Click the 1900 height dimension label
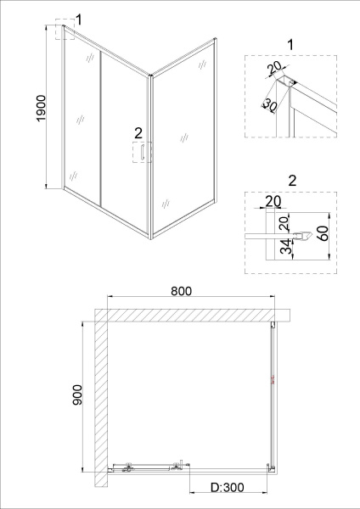click(x=42, y=108)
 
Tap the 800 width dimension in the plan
click(x=182, y=291)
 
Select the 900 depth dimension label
click(x=77, y=394)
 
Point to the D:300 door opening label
click(x=227, y=487)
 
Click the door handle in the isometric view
click(x=143, y=152)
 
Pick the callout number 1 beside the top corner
click(x=78, y=20)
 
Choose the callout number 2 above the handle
click(x=138, y=133)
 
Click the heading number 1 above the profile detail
click(x=290, y=45)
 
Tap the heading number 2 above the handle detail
click(x=292, y=181)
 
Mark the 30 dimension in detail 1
click(x=269, y=104)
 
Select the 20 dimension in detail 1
click(x=274, y=70)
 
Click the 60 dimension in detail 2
click(x=324, y=233)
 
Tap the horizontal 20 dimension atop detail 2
click(x=273, y=202)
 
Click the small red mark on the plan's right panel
click(x=273, y=379)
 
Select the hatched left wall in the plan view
click(x=101, y=398)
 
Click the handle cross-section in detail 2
click(x=303, y=236)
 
